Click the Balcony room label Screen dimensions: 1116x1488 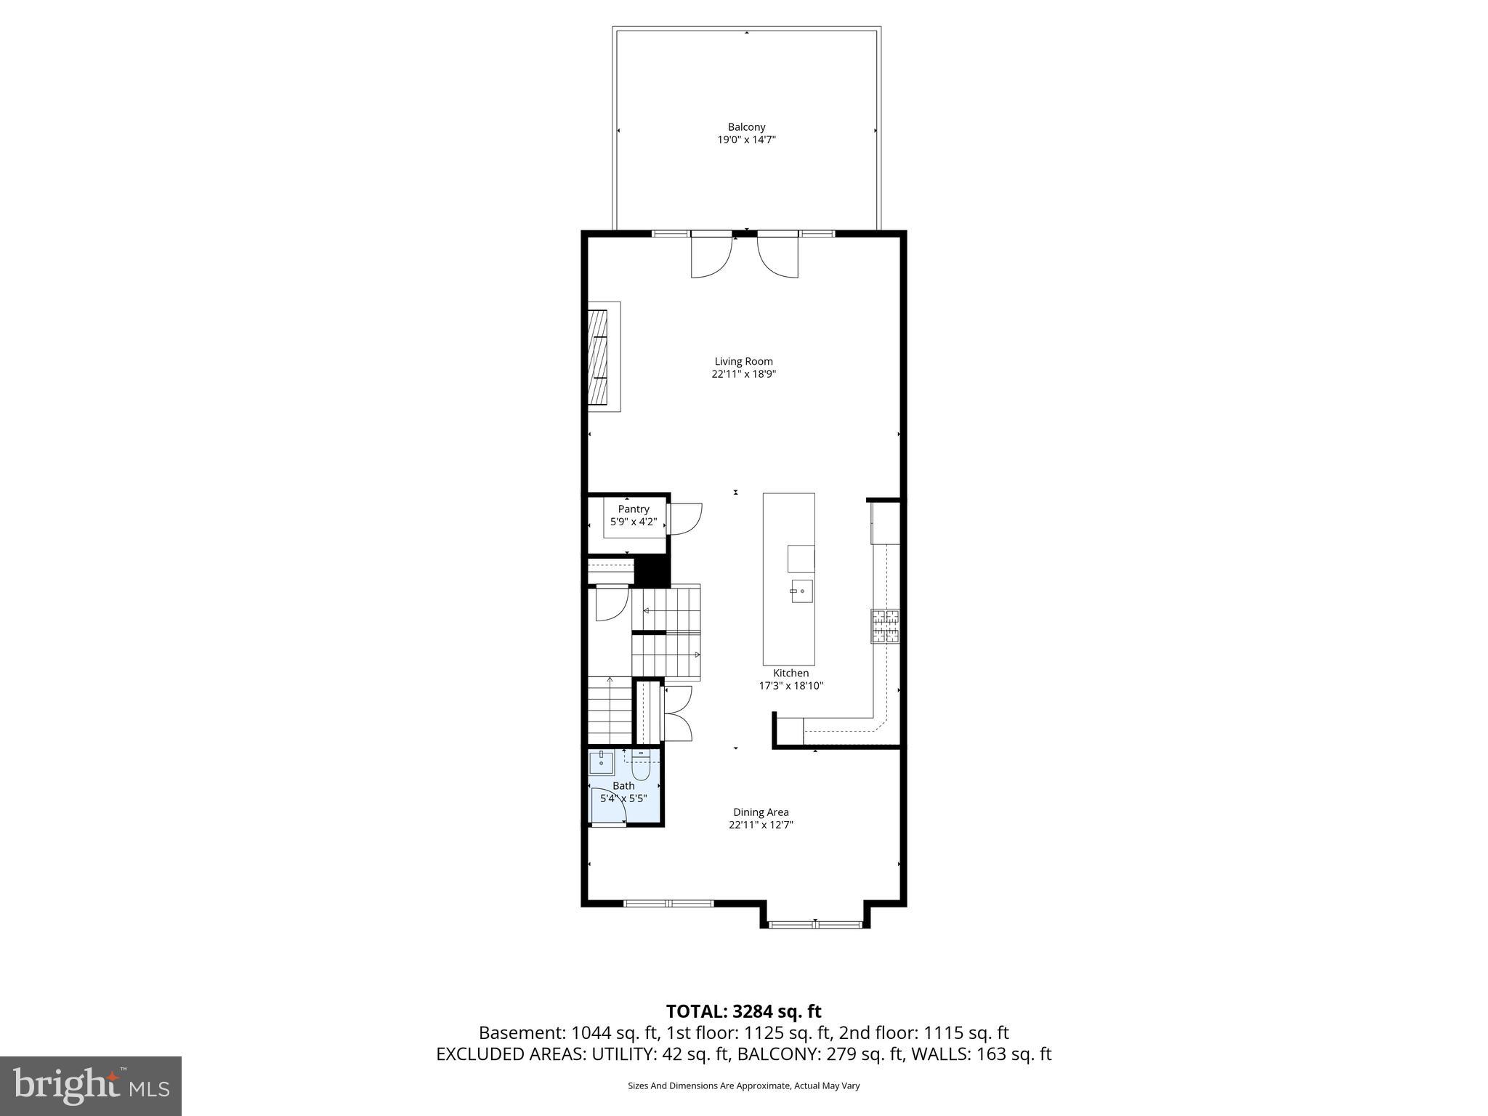pos(746,127)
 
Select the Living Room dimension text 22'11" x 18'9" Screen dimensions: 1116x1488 pos(743,374)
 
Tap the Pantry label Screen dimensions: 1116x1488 pos(634,509)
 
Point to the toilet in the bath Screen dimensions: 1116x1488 pos(640,767)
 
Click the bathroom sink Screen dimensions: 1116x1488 pos(601,763)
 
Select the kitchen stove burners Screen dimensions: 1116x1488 pos(885,626)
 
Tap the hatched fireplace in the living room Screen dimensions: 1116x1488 pos(597,356)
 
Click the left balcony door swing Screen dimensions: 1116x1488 pos(710,257)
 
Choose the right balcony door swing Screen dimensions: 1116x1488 pos(777,257)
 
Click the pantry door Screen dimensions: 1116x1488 pos(685,519)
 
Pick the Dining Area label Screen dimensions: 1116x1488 pos(761,812)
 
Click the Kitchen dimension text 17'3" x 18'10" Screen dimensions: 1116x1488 pos(790,686)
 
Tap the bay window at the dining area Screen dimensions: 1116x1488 pos(815,924)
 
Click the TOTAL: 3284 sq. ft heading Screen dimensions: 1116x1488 pos(743,1011)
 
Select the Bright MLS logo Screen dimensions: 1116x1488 pos(91,1085)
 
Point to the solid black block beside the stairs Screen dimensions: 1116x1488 pos(652,570)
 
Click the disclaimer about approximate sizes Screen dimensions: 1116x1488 pos(743,1085)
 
